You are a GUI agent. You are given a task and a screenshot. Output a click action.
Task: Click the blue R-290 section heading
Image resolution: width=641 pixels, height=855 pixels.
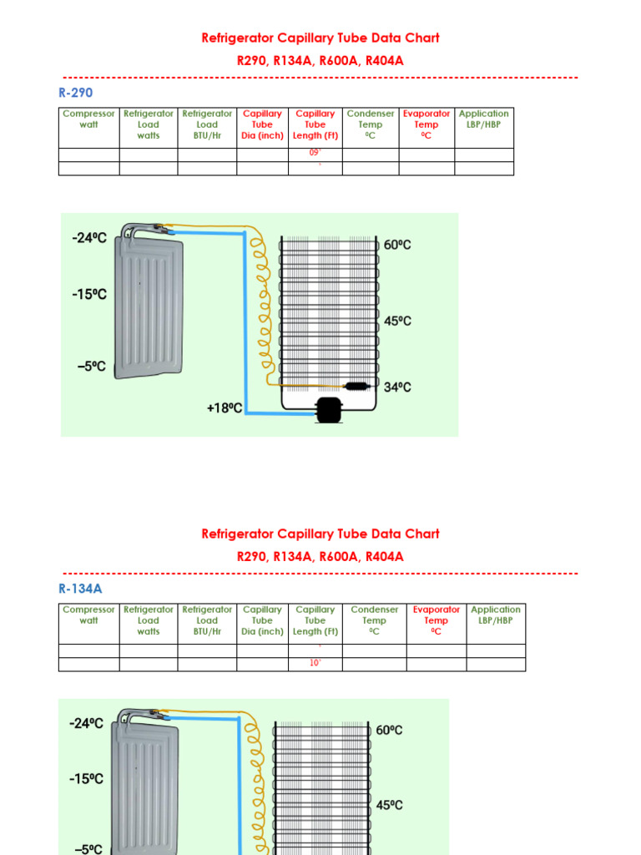(x=75, y=93)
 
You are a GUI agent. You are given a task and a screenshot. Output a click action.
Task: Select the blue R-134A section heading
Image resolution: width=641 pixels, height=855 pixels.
(x=80, y=589)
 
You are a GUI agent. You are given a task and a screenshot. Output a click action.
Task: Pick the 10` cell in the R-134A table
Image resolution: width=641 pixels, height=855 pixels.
(x=315, y=664)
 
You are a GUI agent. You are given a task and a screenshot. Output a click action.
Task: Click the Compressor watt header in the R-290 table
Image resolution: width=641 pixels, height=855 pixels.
(x=88, y=119)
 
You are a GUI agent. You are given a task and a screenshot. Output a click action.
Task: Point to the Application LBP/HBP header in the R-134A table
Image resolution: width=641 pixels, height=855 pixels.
(x=495, y=615)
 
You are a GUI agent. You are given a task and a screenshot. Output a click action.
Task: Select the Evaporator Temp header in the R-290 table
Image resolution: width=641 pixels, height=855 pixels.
(x=426, y=124)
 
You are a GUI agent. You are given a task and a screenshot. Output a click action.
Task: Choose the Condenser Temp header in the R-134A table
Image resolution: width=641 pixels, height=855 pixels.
(x=374, y=620)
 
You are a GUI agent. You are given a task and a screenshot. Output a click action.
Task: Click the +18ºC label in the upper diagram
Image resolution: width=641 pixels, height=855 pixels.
(x=225, y=408)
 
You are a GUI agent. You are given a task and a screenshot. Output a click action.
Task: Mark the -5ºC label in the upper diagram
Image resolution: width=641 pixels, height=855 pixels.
(x=89, y=367)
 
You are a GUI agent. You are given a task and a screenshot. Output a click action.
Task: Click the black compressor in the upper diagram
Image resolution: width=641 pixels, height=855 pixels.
(x=326, y=409)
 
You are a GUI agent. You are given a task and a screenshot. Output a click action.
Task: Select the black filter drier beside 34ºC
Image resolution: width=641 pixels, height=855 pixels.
(x=356, y=387)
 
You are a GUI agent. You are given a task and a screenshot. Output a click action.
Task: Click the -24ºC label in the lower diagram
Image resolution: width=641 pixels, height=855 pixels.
(x=86, y=724)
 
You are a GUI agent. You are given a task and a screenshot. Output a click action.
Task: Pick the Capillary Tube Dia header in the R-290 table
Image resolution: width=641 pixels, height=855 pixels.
(x=262, y=124)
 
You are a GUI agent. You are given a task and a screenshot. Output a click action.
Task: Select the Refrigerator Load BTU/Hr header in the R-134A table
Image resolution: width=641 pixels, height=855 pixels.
(x=207, y=620)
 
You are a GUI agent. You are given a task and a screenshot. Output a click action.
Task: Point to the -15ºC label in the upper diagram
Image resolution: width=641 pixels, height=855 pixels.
(x=89, y=295)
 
